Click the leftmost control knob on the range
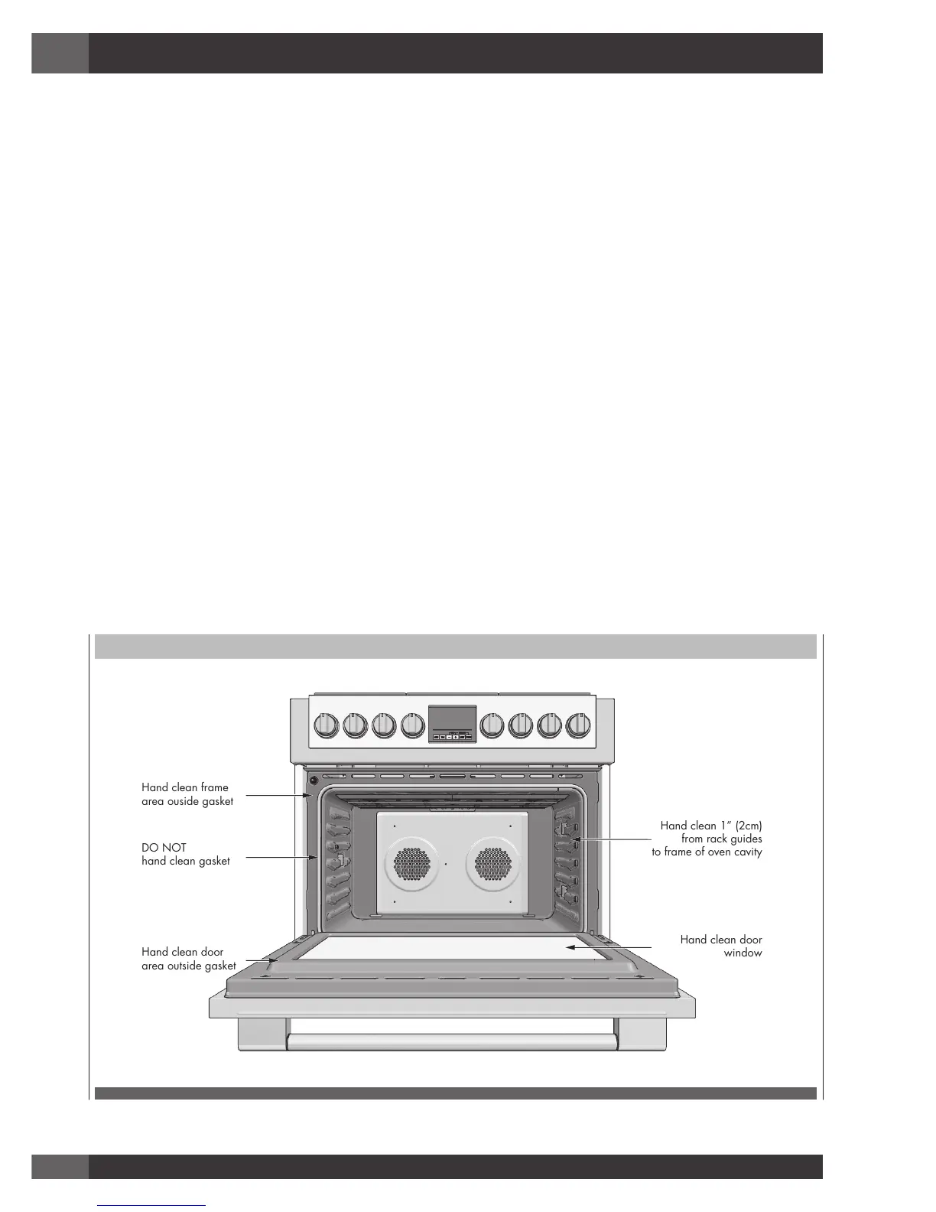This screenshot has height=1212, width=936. coord(326,725)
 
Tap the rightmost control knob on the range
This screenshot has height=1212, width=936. coord(578,725)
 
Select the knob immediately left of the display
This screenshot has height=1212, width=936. coord(412,725)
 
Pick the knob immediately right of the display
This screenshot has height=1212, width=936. coord(492,725)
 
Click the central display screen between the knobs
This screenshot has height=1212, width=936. coord(452,719)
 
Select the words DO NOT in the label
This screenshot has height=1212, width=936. coord(164,848)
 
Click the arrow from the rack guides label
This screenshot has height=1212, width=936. coord(616,839)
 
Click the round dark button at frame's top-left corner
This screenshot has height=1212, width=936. coord(314,782)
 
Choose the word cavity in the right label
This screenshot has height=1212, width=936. coord(747,852)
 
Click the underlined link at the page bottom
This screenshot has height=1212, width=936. coord(152,1205)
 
